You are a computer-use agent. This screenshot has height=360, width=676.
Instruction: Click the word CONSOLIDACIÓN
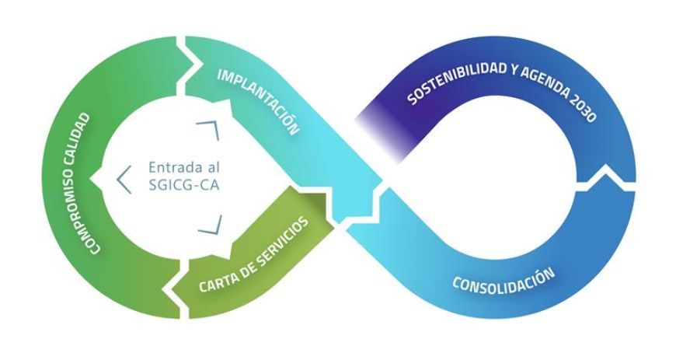(x=504, y=282)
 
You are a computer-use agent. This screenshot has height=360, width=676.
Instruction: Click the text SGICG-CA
(x=176, y=187)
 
